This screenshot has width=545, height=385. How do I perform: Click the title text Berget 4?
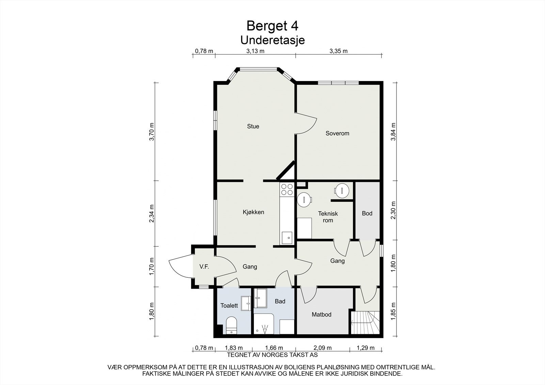click(272, 26)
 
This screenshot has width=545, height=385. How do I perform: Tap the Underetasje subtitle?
click(272, 40)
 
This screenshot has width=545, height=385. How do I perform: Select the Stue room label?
click(253, 126)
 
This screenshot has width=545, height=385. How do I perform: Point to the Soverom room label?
click(337, 133)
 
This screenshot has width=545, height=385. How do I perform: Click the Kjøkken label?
click(253, 212)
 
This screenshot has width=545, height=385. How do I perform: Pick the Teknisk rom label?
click(328, 217)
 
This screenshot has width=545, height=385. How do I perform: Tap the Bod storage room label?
click(367, 213)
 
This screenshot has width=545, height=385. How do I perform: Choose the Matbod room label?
click(322, 315)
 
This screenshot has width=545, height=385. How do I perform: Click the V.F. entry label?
click(204, 267)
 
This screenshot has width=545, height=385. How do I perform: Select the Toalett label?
click(229, 305)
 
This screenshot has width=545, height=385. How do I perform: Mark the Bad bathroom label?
click(280, 301)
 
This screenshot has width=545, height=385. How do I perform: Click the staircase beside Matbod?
click(365, 322)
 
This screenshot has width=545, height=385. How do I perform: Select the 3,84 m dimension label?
click(393, 132)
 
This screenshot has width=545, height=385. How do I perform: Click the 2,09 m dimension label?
click(322, 348)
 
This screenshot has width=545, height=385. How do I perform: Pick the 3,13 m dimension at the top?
click(255, 51)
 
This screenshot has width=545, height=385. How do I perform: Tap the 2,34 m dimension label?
click(152, 213)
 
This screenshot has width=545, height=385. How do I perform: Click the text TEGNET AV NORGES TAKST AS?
click(272, 355)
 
